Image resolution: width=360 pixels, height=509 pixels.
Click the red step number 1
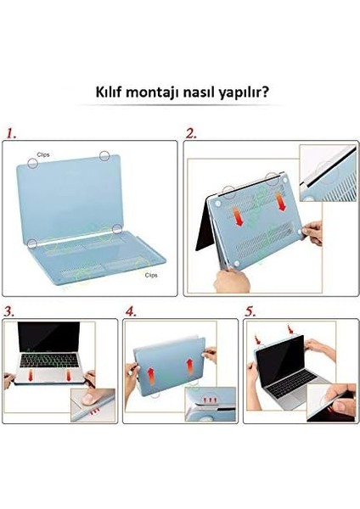(10, 133)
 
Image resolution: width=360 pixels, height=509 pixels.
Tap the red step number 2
(191, 133)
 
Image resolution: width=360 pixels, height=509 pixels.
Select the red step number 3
(8, 311)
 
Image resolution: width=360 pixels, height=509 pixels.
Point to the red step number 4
(130, 311)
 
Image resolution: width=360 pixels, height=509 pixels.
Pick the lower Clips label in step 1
(150, 275)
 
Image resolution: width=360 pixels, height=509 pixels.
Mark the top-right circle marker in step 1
(104, 155)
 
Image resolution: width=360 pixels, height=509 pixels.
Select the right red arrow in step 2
(282, 204)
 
